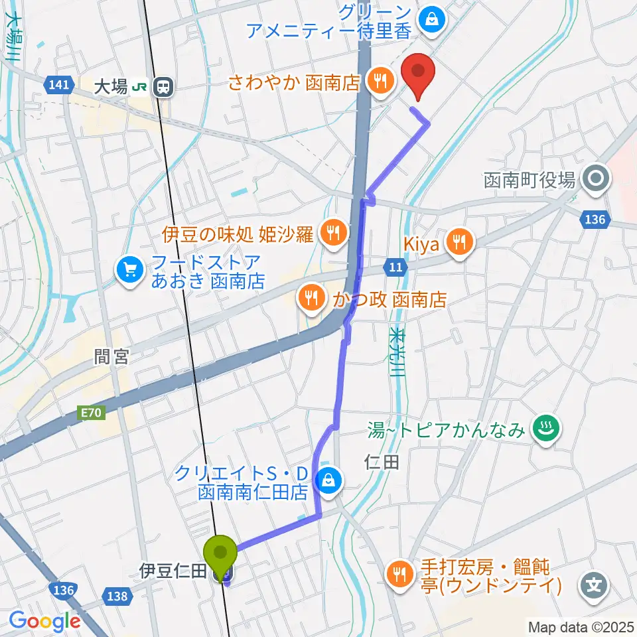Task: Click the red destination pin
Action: click(418, 74)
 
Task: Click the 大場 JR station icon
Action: click(161, 86)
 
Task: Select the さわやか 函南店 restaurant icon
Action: click(380, 82)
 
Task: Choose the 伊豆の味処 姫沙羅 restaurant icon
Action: click(330, 232)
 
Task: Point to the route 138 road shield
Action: click(117, 596)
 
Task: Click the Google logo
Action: click(44, 622)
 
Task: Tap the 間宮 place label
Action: click(111, 357)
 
